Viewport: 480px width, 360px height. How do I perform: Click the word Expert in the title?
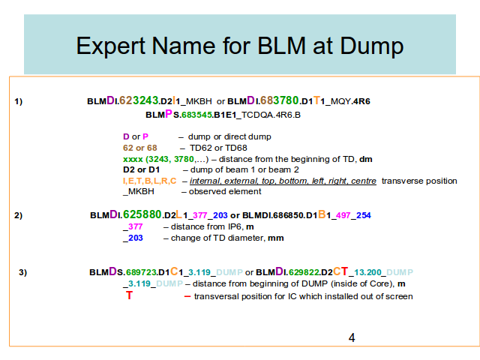coord(110,46)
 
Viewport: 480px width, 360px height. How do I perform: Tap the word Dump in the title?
coord(372,46)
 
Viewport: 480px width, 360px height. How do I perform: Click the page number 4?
coord(352,337)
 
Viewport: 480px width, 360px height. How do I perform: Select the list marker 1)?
coord(18,101)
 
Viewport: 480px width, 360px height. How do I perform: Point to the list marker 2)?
coord(18,215)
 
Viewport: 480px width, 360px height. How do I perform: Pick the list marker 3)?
coord(23,272)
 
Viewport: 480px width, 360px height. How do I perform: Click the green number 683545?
coord(196,115)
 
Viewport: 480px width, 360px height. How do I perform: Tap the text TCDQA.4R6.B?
coord(271,115)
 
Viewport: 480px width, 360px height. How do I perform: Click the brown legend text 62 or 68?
coord(140,148)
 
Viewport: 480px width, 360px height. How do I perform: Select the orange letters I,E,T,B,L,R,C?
coord(150,181)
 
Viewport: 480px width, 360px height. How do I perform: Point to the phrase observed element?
coord(225,192)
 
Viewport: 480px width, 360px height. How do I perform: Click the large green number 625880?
coord(142,214)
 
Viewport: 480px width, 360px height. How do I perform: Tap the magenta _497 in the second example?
coord(341,215)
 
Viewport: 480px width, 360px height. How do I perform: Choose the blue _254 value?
coord(361,215)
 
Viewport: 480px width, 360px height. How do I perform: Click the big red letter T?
coord(129,295)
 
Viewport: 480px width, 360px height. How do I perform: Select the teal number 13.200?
coord(367,272)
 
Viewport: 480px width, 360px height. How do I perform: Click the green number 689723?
coord(142,272)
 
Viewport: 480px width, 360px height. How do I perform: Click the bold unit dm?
coord(366,159)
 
